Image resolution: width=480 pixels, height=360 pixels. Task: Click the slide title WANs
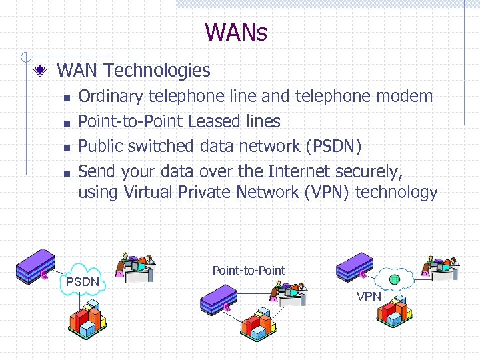click(236, 32)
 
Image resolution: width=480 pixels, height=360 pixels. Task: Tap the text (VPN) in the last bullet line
click(329, 193)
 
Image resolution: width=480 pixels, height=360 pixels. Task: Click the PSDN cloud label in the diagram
click(82, 282)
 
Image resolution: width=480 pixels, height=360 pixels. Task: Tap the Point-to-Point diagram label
click(249, 270)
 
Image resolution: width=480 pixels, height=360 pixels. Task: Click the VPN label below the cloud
click(369, 296)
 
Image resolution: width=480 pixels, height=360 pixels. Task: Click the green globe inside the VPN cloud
click(395, 278)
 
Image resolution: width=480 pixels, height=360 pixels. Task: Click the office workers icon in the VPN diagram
click(440, 267)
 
